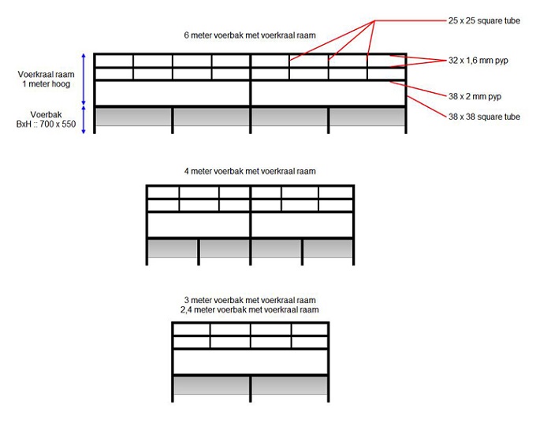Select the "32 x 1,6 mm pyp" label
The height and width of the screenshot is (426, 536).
(x=478, y=60)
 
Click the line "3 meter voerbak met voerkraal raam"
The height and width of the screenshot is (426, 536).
(x=251, y=301)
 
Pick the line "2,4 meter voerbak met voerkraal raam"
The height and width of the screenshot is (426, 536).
(x=251, y=310)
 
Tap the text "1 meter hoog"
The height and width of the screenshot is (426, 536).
(x=40, y=83)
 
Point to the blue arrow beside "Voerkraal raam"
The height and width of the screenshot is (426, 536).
(x=84, y=80)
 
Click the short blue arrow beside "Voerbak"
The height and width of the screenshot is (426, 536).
(x=84, y=119)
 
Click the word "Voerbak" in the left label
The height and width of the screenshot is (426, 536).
(x=40, y=114)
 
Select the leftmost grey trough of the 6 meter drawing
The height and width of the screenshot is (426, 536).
(x=133, y=117)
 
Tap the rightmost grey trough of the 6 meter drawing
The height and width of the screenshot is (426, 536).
(x=367, y=117)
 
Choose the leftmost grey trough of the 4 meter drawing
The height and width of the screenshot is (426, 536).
(x=172, y=248)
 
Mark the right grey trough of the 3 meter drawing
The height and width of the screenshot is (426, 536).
(x=289, y=384)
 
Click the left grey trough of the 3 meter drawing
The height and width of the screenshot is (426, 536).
(x=211, y=384)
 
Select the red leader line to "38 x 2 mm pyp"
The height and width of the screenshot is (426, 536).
(x=422, y=87)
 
